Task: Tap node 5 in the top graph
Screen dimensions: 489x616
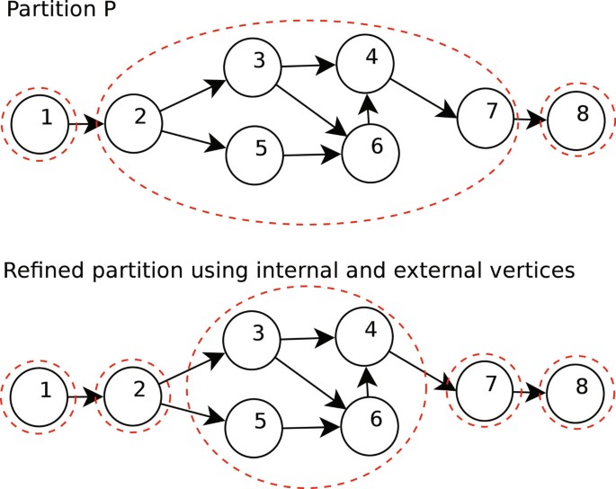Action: click(x=259, y=149)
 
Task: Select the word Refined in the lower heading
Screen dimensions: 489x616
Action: click(x=37, y=271)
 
